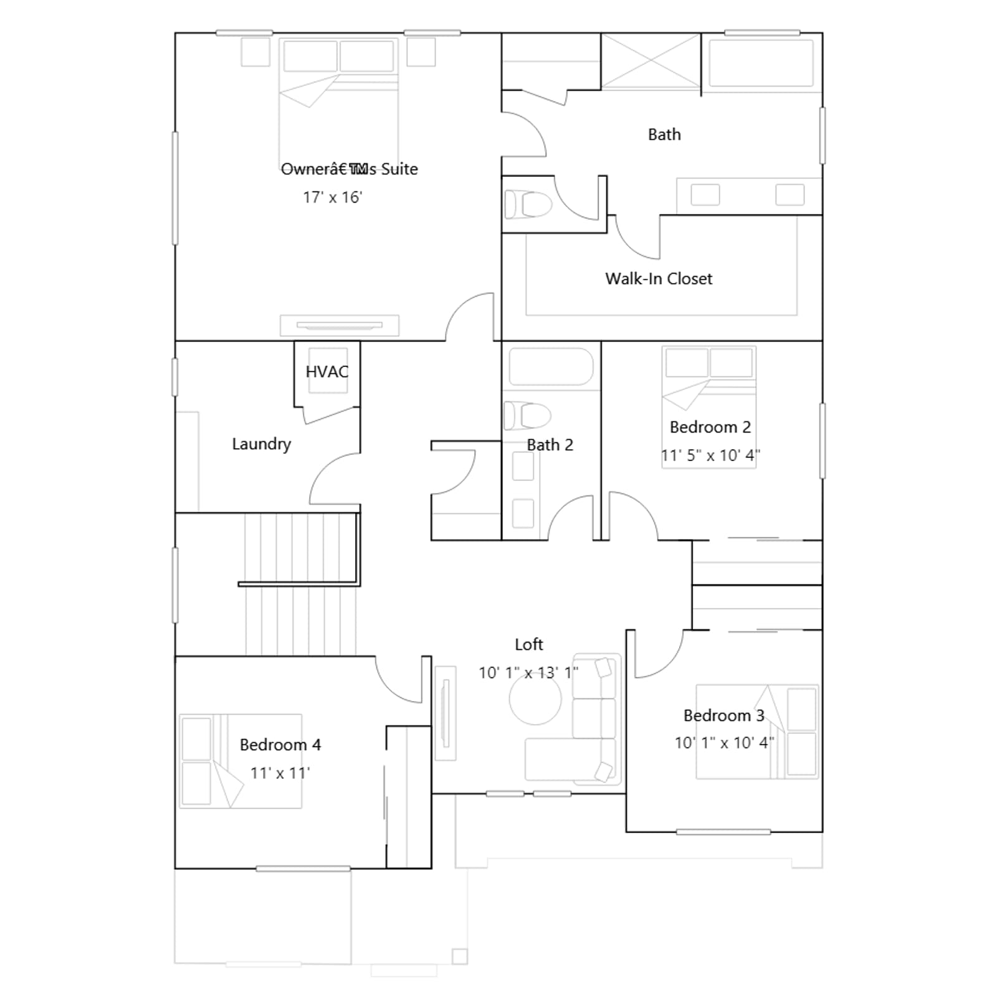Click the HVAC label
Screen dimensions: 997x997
327,372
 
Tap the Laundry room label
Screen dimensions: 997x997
261,444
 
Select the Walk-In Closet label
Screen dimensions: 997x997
659,279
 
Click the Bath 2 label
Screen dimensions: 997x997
550,445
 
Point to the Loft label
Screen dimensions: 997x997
529,644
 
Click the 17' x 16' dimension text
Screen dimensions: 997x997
332,198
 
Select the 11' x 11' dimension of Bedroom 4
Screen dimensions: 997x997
280,773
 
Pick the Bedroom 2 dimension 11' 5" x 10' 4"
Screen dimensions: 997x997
710,456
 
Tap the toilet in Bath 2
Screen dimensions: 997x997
527,416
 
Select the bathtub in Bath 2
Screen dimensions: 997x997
551,367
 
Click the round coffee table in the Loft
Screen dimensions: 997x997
535,699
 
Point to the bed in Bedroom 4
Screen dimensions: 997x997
241,761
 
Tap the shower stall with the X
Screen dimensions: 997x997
651,61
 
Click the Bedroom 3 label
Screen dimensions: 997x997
724,715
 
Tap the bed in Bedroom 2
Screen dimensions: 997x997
709,407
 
